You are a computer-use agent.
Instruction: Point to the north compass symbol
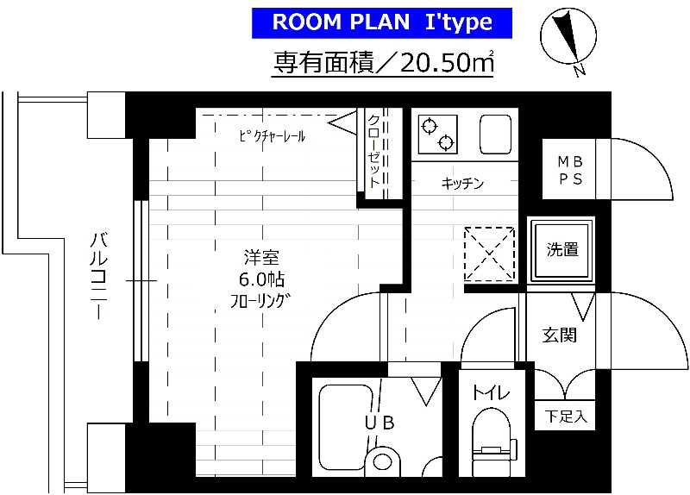(x=567, y=40)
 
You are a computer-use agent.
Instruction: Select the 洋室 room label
(x=260, y=258)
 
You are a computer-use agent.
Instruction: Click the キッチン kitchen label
(x=462, y=183)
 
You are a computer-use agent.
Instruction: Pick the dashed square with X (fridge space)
(x=489, y=254)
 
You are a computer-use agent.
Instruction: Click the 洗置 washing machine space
(x=562, y=250)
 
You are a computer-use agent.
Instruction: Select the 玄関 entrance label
(x=559, y=335)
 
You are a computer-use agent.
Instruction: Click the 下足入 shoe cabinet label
(x=565, y=417)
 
